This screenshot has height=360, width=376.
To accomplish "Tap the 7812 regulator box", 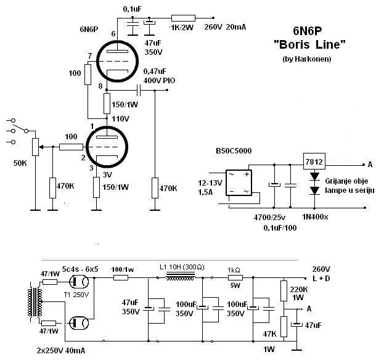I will click(x=314, y=162).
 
